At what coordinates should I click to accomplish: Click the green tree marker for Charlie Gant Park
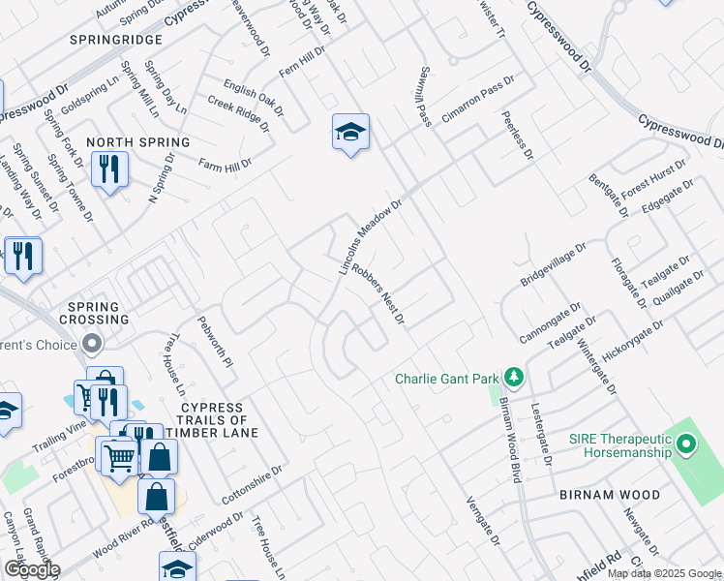tap(515, 377)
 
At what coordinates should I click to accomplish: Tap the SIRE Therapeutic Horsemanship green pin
tap(687, 444)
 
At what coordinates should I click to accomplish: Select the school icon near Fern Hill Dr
tap(350, 133)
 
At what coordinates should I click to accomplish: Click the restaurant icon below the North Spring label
tap(109, 171)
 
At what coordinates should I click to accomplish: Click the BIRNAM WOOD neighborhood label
tap(609, 495)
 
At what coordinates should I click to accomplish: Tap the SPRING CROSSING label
tap(94, 314)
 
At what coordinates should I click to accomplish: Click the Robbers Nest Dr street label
tap(377, 293)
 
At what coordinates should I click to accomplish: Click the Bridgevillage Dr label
tap(555, 263)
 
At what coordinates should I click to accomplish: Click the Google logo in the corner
tap(31, 569)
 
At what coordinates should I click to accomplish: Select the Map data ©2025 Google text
tap(664, 573)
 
